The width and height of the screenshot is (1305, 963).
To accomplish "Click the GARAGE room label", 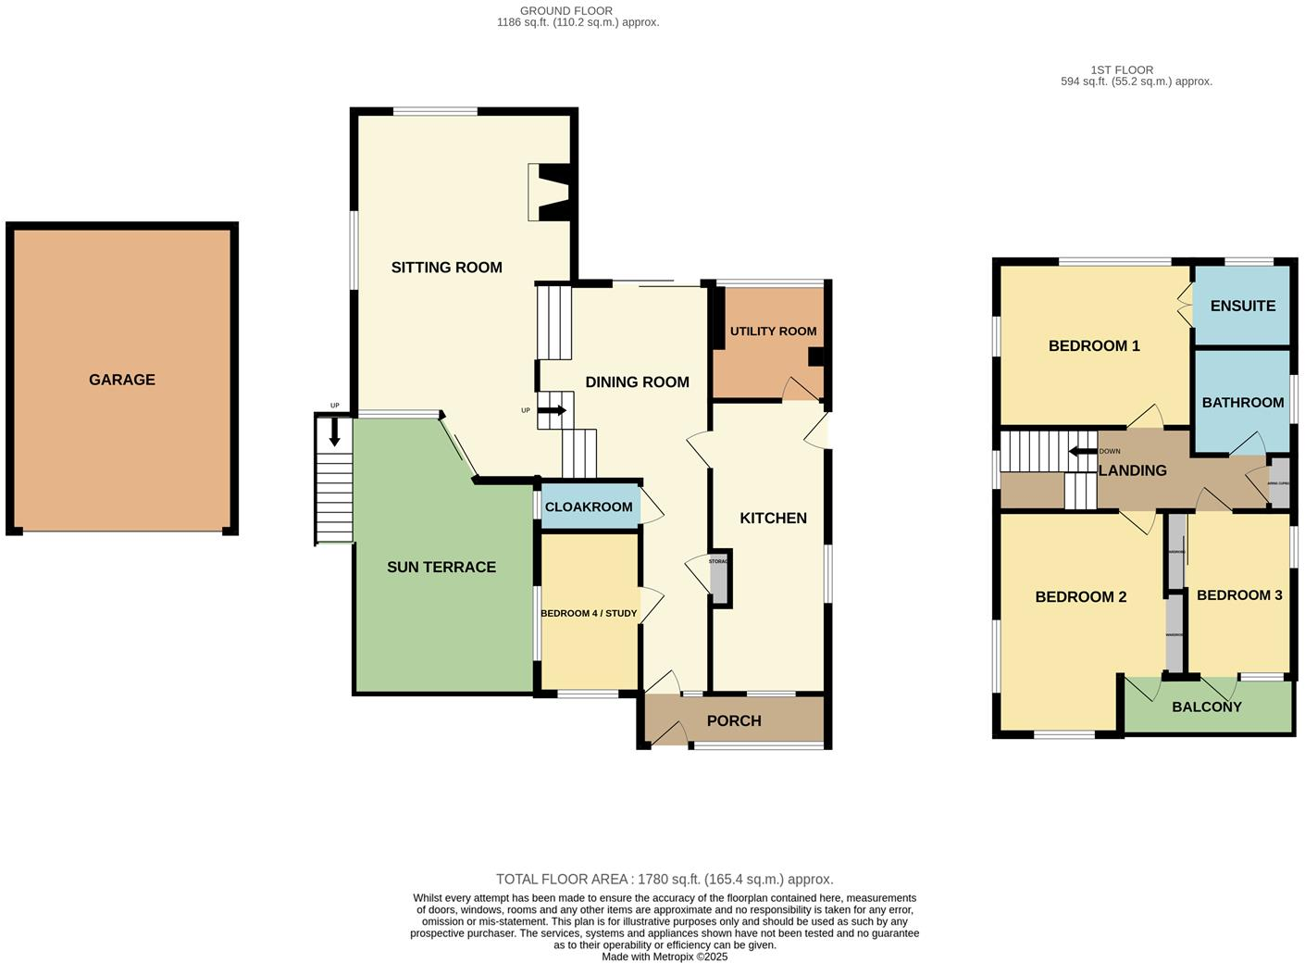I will (x=121, y=380).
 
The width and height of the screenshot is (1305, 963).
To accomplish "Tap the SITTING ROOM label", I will (x=446, y=268).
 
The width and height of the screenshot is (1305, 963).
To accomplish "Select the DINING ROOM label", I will (x=637, y=381).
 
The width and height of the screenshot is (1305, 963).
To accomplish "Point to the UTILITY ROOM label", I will (x=773, y=331).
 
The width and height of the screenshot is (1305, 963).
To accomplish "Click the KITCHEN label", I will (x=773, y=518).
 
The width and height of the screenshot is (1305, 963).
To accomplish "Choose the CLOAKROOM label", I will (x=589, y=507).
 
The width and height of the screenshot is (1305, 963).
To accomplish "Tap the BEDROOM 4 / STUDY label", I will (x=589, y=613).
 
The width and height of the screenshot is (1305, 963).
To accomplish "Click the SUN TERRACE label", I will (x=441, y=567).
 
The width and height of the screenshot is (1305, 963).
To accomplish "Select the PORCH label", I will (x=734, y=720).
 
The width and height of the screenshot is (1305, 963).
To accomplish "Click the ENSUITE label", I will (x=1242, y=306).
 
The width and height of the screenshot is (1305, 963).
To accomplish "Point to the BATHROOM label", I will (x=1242, y=402).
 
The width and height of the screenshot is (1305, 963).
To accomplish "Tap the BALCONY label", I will (x=1206, y=707).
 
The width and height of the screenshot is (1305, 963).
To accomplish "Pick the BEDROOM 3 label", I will (x=1238, y=595).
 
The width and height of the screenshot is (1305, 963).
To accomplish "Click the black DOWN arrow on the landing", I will (x=1081, y=452).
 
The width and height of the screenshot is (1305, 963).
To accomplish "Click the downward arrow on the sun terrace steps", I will (x=334, y=432).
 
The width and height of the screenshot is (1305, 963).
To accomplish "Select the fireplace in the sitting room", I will (x=553, y=193).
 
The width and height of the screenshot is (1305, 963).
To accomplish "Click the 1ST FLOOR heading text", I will (x=1122, y=70).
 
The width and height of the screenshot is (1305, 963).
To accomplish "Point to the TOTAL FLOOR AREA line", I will (x=665, y=880).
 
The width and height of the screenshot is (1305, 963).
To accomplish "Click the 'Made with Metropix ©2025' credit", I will (x=665, y=957).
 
